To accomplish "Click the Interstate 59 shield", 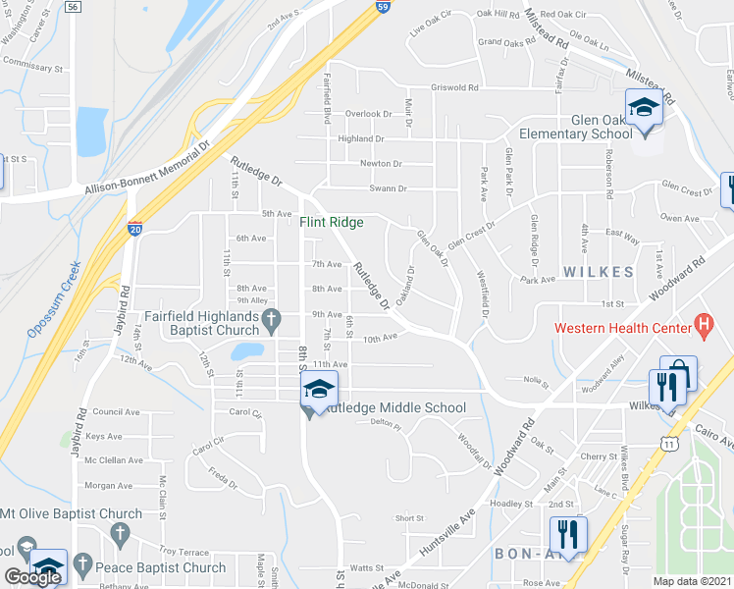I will point(384,6).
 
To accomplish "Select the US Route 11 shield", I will point(668,444).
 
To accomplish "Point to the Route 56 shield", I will point(72,6).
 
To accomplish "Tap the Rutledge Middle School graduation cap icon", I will point(319,389).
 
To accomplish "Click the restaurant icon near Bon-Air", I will point(567,534).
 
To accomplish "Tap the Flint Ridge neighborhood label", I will point(332,223).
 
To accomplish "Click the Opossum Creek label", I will point(51,302).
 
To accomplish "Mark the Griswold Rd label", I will point(455,87).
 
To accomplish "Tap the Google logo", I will point(32,577).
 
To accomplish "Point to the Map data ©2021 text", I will point(693,581).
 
